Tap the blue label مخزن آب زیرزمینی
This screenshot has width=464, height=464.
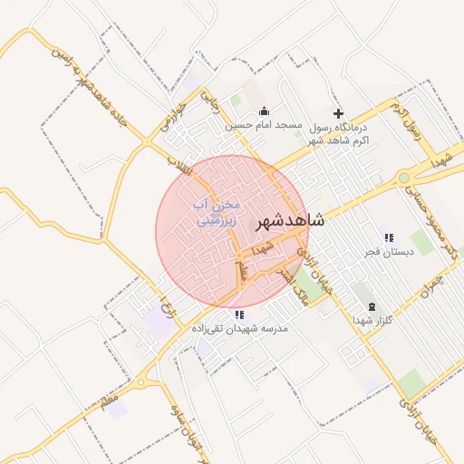pyautogui.click(x=215, y=213)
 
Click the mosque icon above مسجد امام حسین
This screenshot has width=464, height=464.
pyautogui.click(x=264, y=111)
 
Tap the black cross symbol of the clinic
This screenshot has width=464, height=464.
pyautogui.click(x=339, y=114)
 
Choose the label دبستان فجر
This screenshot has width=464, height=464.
pyautogui.click(x=388, y=252)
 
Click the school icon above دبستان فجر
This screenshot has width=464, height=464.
pyautogui.click(x=389, y=237)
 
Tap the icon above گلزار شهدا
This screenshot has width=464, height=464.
pyautogui.click(x=373, y=306)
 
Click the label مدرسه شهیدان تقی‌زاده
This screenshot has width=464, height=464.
pyautogui.click(x=239, y=329)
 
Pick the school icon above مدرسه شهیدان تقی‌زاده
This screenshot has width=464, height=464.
pyautogui.click(x=239, y=315)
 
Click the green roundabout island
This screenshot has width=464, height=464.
pyautogui.click(x=403, y=179)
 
